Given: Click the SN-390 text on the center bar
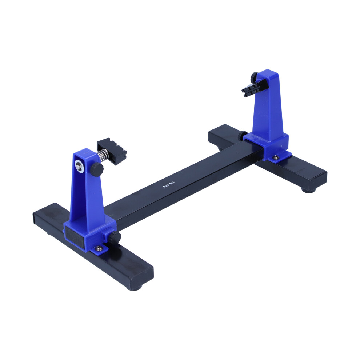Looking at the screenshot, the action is pos(169,184).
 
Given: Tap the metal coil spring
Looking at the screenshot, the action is pos(102,155).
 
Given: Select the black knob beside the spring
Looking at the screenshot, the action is pos(96,169).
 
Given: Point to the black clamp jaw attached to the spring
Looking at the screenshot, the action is pos(112,151).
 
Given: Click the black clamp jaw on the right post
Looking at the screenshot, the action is pos(255,88).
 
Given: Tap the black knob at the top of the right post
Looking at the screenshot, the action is pos(255,77).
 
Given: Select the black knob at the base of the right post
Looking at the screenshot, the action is pos(242,136).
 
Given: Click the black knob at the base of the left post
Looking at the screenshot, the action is pos(115,237).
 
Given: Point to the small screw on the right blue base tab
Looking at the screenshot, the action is pos(276,157).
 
